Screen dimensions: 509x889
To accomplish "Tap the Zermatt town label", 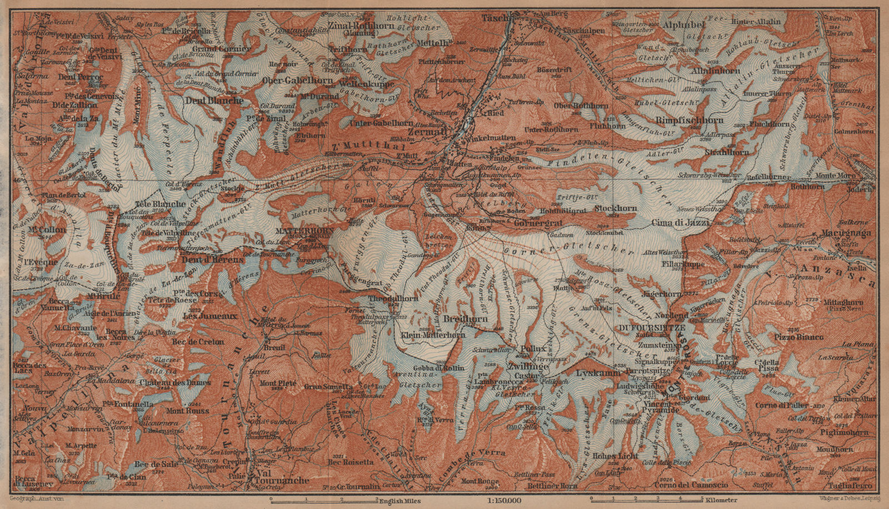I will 431,133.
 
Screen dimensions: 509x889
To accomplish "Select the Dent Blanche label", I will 217,101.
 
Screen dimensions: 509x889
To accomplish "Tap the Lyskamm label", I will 598,373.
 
